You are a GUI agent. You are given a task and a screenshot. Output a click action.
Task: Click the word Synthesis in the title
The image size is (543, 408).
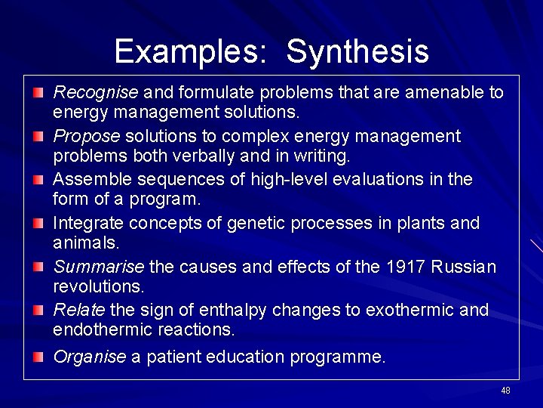[357, 52]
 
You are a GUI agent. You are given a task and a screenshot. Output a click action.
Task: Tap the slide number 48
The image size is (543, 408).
[505, 391]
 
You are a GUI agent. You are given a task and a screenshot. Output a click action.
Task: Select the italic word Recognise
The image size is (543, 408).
[96, 93]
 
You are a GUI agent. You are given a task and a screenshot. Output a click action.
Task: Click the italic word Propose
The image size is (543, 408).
[87, 137]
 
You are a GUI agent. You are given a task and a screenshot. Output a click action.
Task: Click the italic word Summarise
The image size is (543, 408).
[98, 267]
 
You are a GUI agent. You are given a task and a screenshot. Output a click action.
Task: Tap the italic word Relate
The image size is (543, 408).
[79, 311]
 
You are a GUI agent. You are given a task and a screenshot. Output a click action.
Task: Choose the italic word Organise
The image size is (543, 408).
[90, 357]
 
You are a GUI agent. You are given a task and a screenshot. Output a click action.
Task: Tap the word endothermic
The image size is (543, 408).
[99, 330]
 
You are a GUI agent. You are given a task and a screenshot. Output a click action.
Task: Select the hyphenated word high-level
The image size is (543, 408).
[235, 180]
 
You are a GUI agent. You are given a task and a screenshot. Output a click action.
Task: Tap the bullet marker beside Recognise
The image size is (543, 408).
[38, 93]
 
